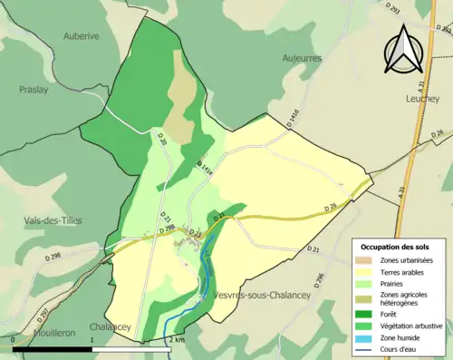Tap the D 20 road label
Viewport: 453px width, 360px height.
163,140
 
